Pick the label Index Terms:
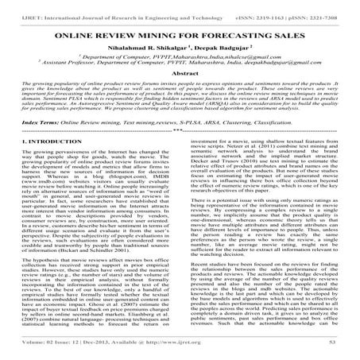[x=25, y=125]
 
